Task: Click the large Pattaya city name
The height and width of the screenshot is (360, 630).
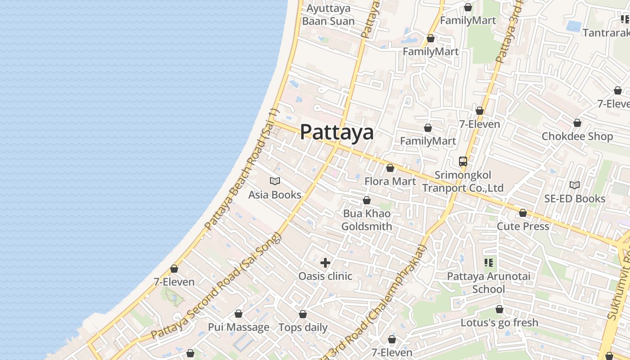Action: [x=337, y=132]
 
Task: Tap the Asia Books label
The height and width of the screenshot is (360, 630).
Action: [x=274, y=195]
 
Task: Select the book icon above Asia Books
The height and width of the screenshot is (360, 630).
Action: [x=274, y=181]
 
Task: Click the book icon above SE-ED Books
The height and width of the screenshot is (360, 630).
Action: [x=575, y=185]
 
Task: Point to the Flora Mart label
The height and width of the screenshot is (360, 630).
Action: [x=390, y=181]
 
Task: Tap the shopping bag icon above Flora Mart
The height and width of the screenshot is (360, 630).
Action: [x=390, y=168]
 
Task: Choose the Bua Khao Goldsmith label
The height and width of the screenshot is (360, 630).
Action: [x=366, y=220]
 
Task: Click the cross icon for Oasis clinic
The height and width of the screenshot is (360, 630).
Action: [x=325, y=263]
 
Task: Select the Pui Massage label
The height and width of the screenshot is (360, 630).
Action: [x=238, y=327]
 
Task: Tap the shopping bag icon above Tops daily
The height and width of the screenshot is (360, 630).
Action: [x=303, y=314]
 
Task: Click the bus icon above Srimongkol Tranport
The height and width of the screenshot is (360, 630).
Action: [x=463, y=162]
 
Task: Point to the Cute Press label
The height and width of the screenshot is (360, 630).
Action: [x=523, y=226]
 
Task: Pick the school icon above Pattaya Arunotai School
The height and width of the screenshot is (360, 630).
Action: [x=488, y=263]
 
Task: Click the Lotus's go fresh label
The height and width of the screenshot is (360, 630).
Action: [x=499, y=323]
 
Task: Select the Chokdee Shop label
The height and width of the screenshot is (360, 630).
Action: [x=577, y=136]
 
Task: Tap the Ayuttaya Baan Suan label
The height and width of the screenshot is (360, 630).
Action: [x=328, y=15]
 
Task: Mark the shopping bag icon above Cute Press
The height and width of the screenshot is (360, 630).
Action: [x=522, y=213]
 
